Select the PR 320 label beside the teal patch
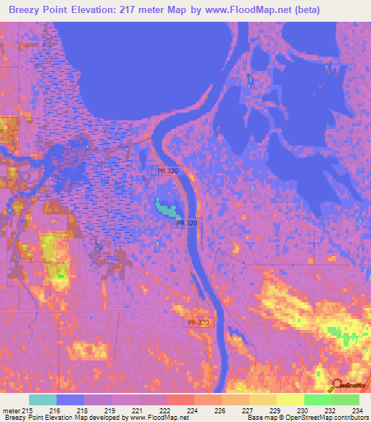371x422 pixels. [x=186, y=223]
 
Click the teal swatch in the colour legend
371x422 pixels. [x=43, y=400]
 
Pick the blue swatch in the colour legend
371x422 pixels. [x=70, y=400]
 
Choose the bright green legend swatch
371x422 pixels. [x=317, y=400]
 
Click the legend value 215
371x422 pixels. [x=28, y=410]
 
